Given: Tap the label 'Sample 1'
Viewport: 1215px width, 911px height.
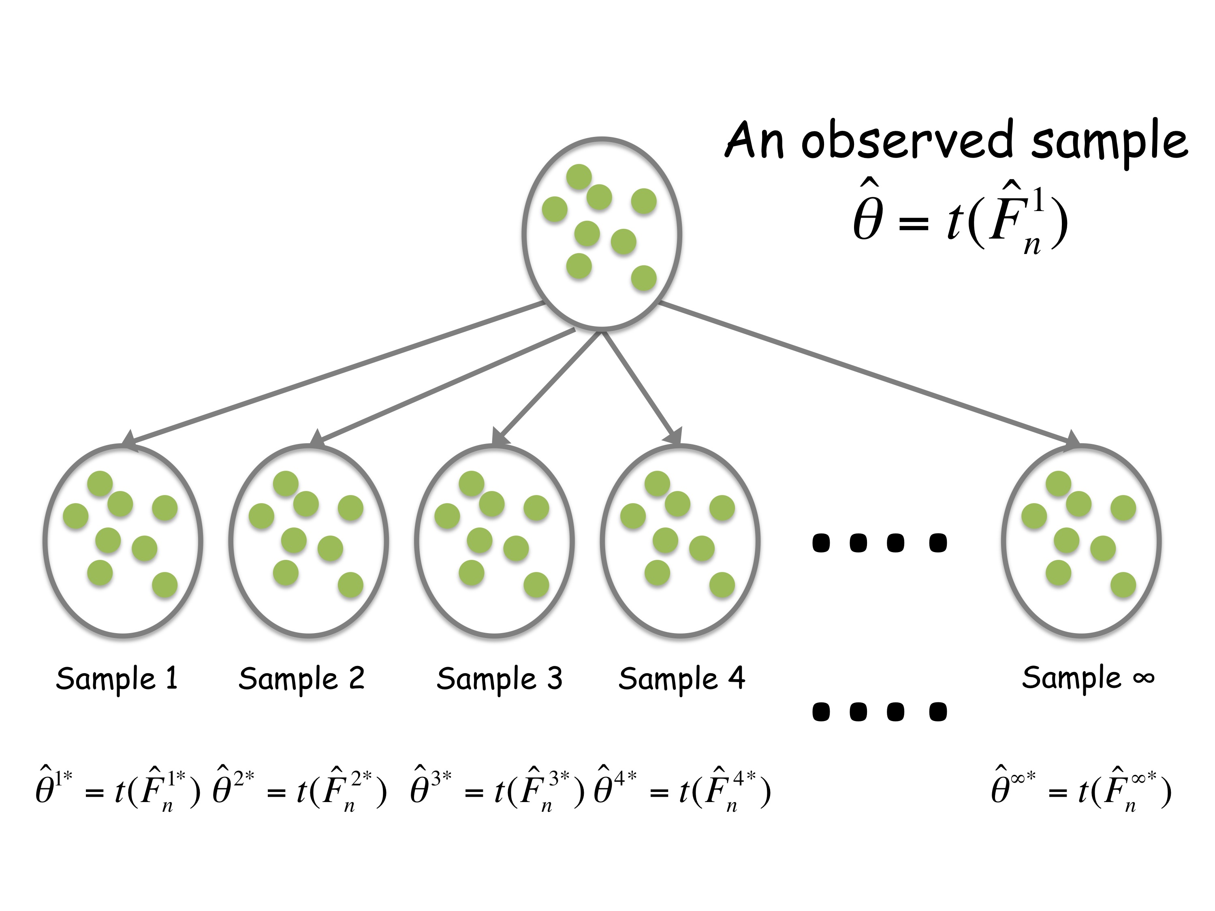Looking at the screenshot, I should tap(117, 679).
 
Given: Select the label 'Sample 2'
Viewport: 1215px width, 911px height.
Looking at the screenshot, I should tap(301, 679).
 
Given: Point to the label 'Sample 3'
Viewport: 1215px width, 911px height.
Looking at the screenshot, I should tap(499, 679).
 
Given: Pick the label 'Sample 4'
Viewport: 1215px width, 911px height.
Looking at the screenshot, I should tap(682, 679).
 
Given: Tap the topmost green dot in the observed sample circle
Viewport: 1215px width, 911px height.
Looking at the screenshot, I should tap(579, 177).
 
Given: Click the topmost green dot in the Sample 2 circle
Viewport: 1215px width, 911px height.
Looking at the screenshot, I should tap(286, 484).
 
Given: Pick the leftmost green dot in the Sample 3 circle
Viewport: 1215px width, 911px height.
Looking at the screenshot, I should tap(447, 516).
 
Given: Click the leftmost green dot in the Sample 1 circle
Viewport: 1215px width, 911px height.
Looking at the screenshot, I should tap(76, 516).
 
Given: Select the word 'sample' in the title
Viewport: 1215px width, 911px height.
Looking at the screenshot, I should tap(1110, 142).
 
